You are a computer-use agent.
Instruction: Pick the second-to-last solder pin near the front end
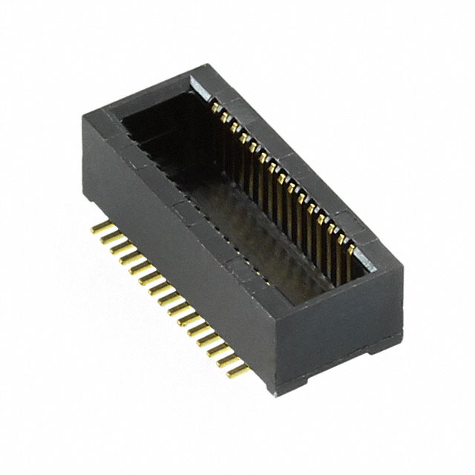point(226,355)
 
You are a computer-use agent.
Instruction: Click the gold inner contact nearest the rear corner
point(216,109)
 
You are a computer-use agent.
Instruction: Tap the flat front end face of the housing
point(341,327)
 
